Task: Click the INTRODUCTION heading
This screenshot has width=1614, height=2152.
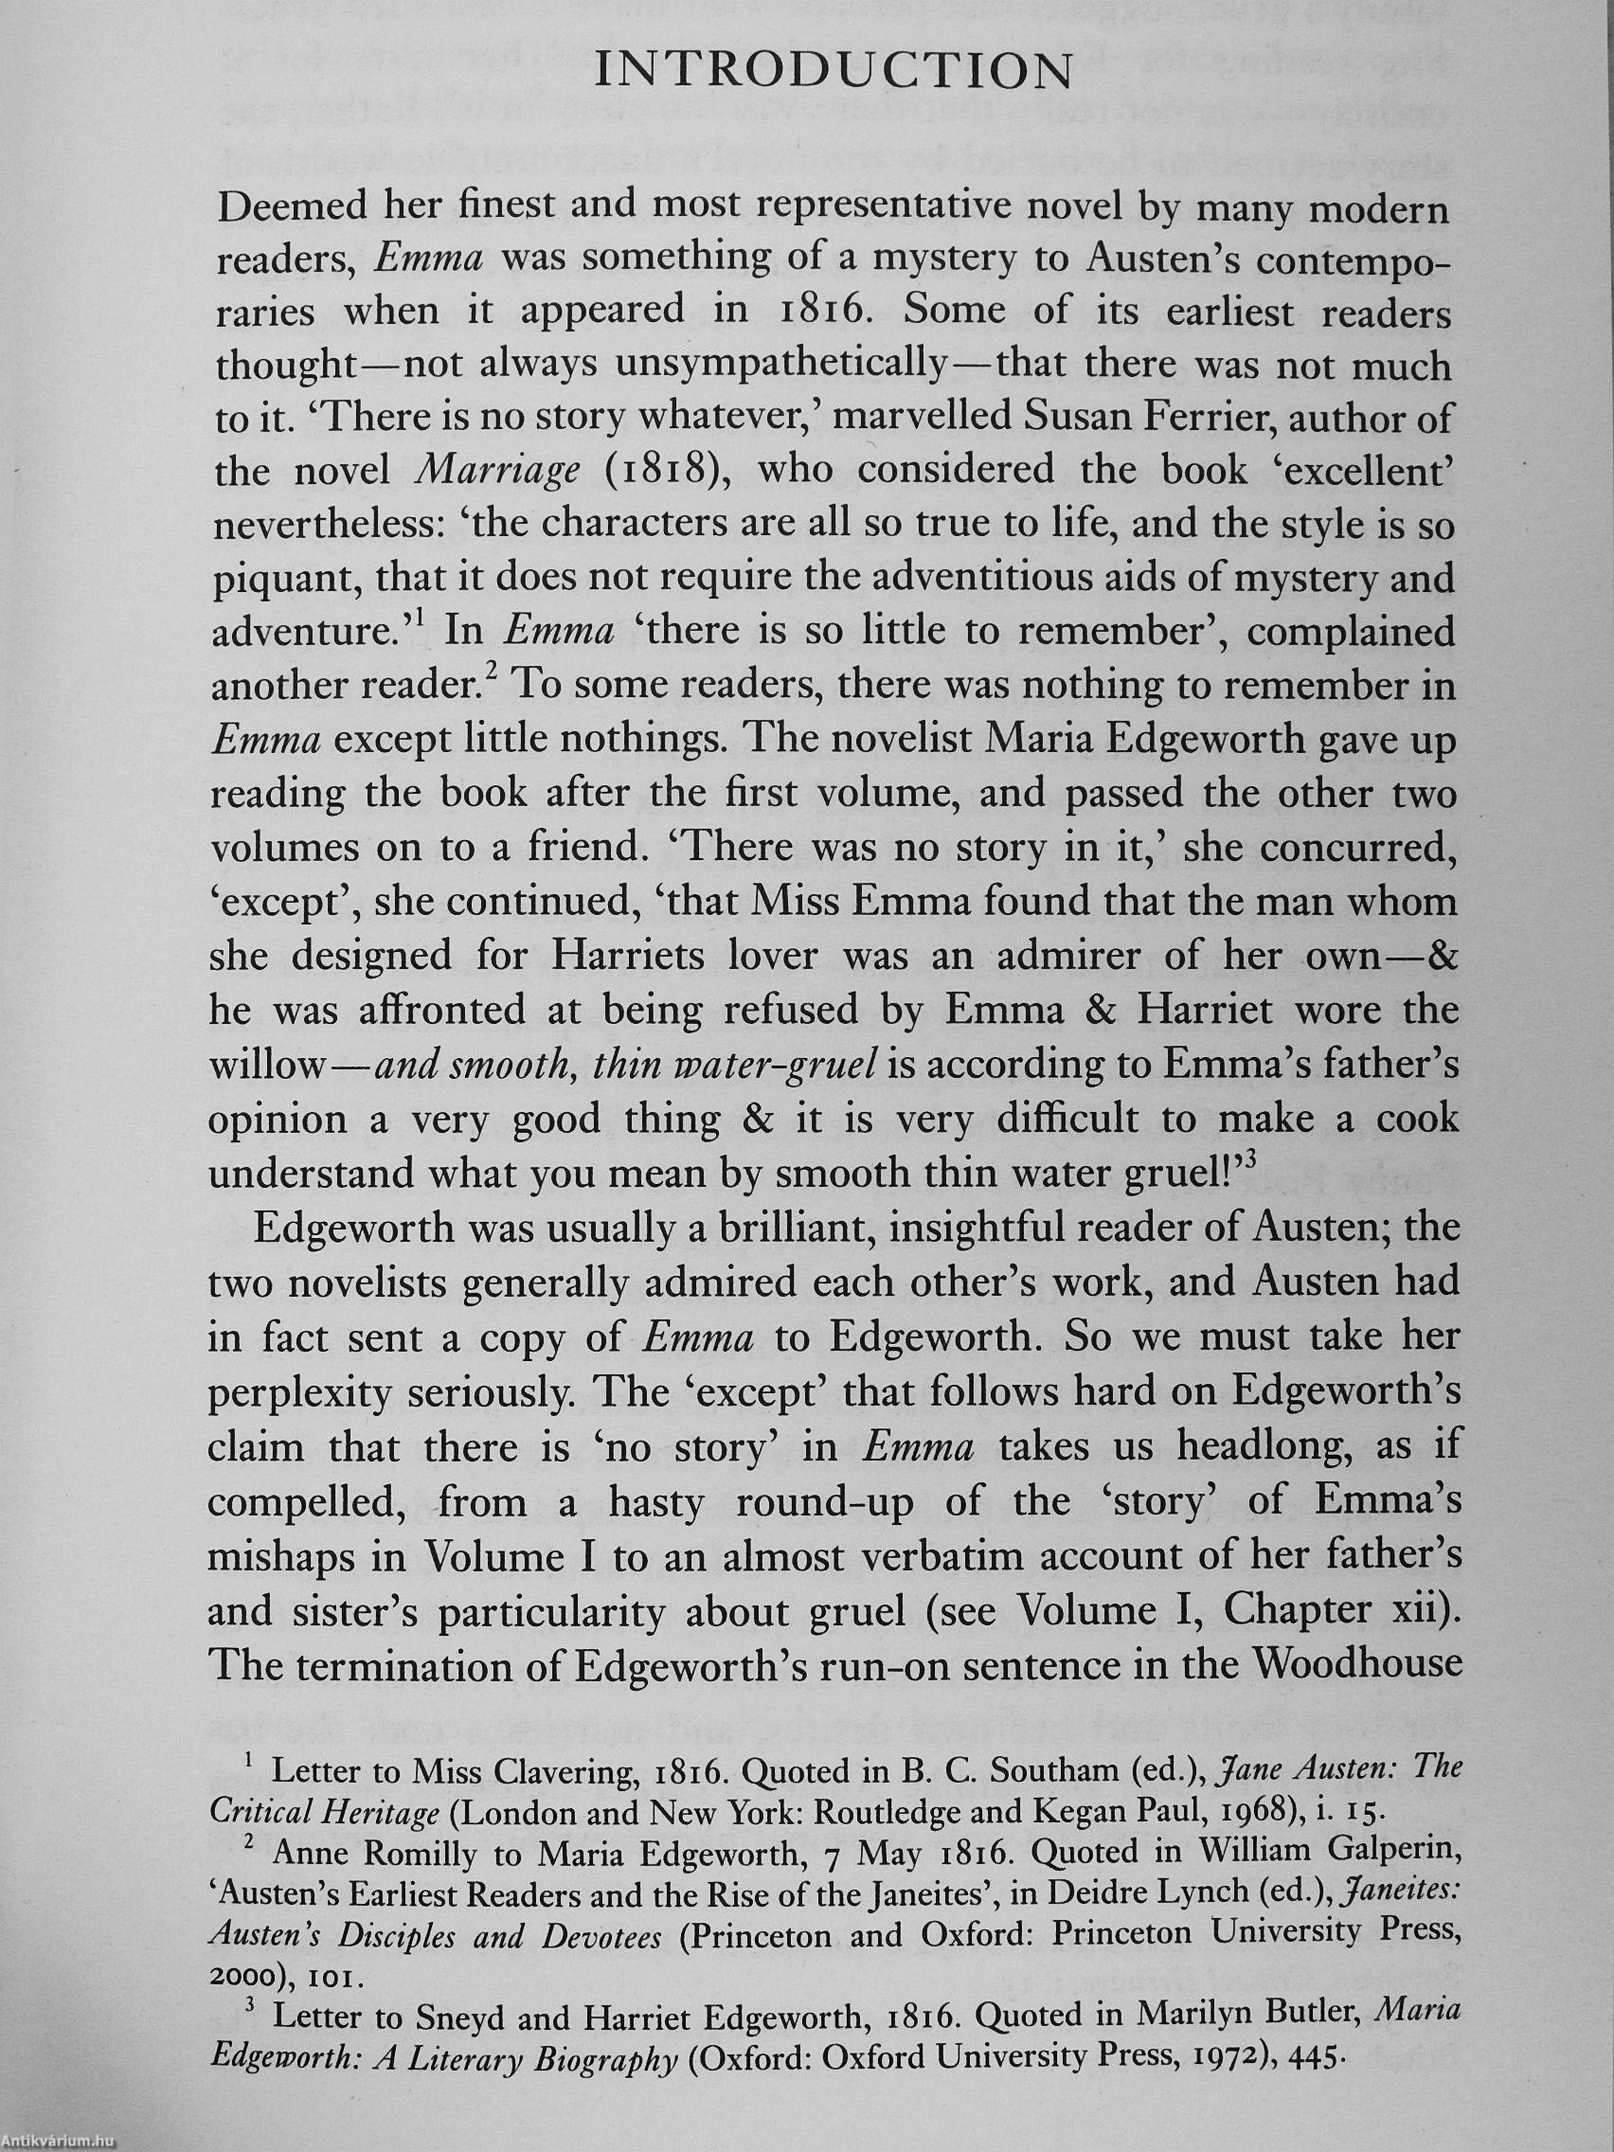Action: [x=834, y=71]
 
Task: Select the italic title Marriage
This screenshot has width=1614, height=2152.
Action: [x=497, y=472]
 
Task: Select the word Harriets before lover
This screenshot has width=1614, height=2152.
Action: [x=627, y=956]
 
